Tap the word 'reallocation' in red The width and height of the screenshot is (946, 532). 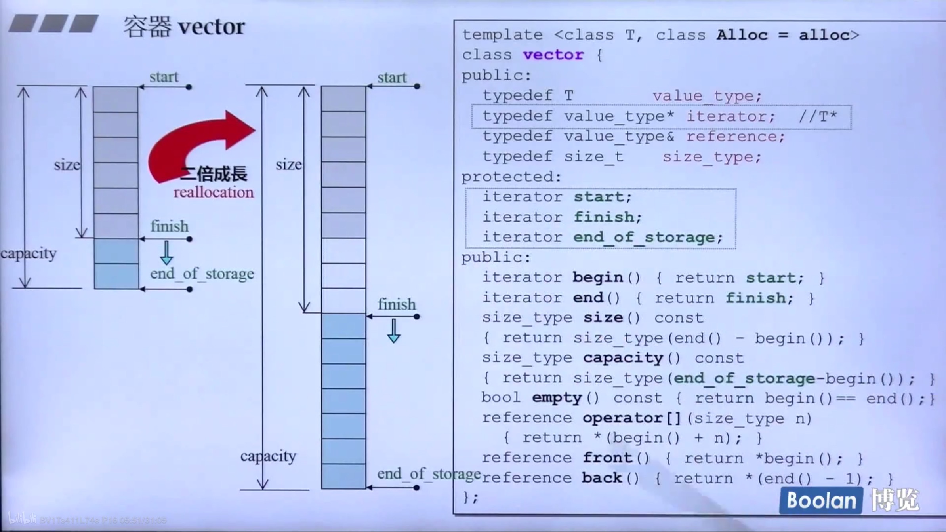coord(214,192)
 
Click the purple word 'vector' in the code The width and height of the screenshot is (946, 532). coord(553,55)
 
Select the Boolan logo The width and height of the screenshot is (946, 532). coord(821,500)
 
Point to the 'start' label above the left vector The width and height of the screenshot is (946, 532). coord(164,77)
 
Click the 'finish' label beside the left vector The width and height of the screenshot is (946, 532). coord(170,226)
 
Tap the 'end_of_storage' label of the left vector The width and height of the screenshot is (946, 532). coord(202,274)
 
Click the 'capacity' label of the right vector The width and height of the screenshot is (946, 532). coord(268,456)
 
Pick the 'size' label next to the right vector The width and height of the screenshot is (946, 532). coord(288,164)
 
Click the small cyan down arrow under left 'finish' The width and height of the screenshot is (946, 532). coord(167,253)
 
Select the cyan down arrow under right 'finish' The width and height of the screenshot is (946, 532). coord(394,331)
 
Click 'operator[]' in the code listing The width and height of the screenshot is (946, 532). coord(632,418)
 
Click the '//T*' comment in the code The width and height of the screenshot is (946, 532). coord(818,116)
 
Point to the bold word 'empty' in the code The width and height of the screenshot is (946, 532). coord(557,397)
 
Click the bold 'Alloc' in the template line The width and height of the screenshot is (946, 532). coord(742,35)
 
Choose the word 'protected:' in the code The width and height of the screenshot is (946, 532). coord(511,177)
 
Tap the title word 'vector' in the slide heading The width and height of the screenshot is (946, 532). coord(212,27)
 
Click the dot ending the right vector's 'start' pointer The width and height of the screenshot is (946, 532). coord(417,86)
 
